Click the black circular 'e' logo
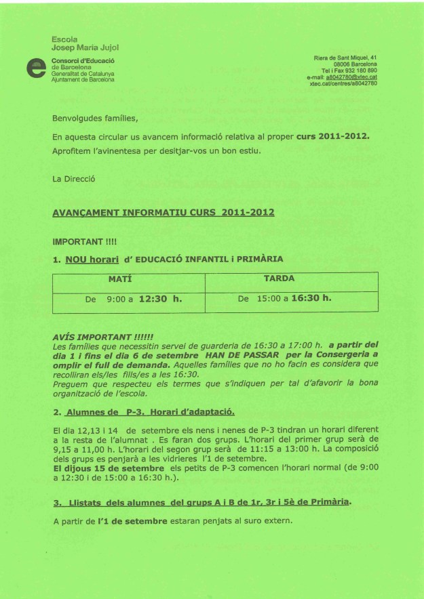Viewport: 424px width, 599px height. point(33,69)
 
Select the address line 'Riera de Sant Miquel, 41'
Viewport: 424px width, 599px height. point(346,58)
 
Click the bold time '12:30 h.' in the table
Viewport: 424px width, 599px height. point(161,297)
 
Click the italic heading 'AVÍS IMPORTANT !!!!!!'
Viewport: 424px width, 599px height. point(102,336)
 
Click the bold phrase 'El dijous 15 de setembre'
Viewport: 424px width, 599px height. point(107,468)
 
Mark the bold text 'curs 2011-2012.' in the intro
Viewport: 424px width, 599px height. point(333,136)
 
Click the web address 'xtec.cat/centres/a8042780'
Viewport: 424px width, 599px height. point(343,84)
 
